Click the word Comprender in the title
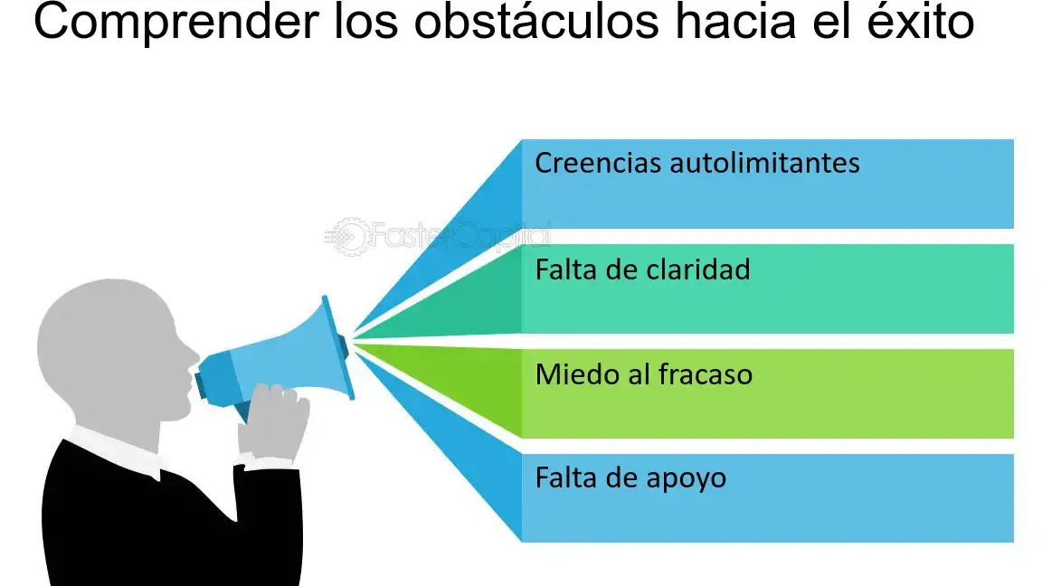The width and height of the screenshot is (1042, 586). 176,23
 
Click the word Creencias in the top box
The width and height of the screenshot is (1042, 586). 598,164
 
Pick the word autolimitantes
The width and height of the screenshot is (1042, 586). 764,164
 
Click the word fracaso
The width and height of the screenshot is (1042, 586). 706,374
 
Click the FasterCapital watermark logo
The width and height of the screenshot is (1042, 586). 437,236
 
